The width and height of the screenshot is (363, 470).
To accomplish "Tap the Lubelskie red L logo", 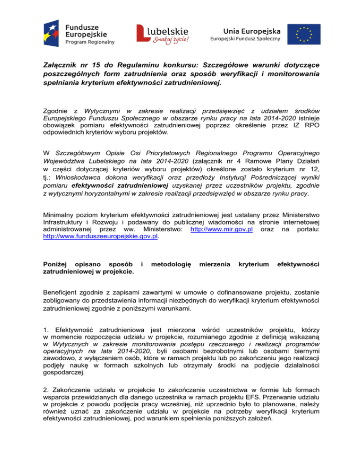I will [144, 34].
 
